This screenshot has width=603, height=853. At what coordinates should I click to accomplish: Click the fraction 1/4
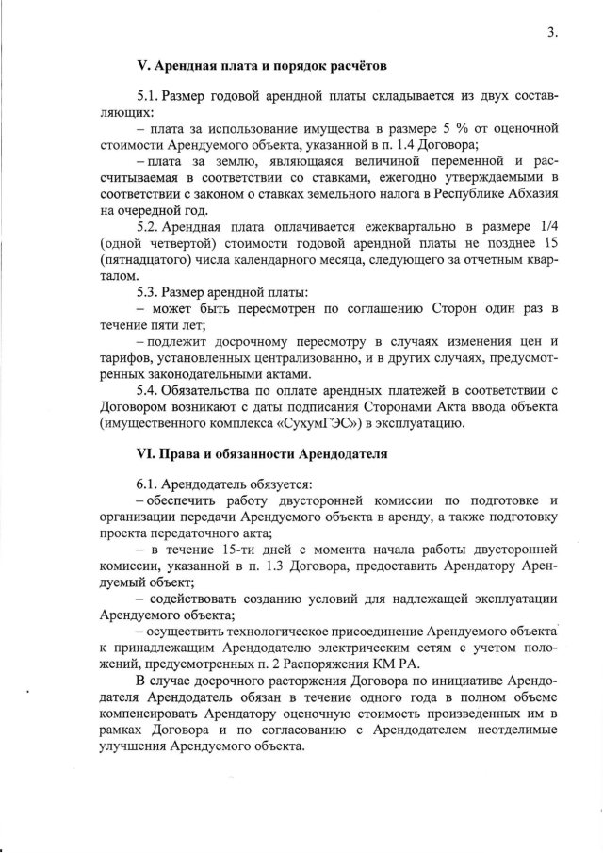[x=548, y=227]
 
